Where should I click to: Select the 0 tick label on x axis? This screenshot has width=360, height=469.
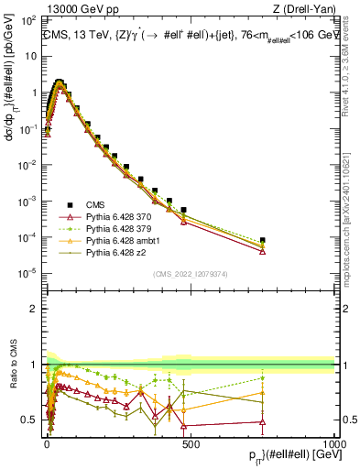pyautogui.click(x=47, y=442)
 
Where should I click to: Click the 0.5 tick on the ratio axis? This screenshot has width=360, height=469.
pyautogui.click(x=34, y=420)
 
